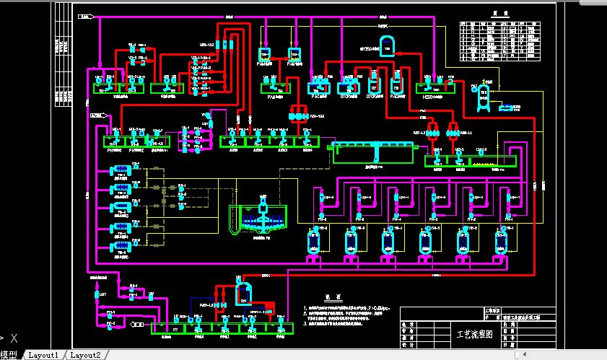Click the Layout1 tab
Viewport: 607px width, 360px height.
(43, 355)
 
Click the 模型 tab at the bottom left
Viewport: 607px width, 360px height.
(9, 355)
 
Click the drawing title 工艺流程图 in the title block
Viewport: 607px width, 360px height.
(473, 334)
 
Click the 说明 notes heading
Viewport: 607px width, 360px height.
(331, 297)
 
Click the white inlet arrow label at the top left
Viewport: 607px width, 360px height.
(87, 15)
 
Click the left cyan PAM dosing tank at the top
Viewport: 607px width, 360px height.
(264, 54)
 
